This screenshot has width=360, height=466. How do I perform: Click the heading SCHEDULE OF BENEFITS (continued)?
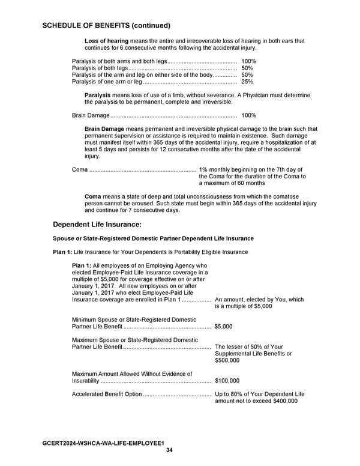pyautogui.click(x=107, y=26)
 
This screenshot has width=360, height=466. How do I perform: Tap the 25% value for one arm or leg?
pyautogui.click(x=247, y=82)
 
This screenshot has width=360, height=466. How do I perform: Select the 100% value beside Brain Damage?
pyautogui.click(x=248, y=115)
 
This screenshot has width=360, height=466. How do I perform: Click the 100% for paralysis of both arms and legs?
pyautogui.click(x=248, y=62)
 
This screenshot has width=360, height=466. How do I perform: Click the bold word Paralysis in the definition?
pyautogui.click(x=97, y=95)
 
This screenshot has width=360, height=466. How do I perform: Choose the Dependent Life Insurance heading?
pyautogui.click(x=97, y=225)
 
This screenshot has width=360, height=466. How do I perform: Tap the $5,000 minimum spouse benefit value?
pyautogui.click(x=223, y=327)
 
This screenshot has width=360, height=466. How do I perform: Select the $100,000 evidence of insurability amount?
pyautogui.click(x=227, y=381)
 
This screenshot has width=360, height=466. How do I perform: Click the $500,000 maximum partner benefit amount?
pyautogui.click(x=227, y=361)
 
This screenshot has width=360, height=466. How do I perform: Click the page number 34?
pyautogui.click(x=169, y=450)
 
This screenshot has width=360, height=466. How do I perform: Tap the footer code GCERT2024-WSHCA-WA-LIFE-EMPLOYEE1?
pyautogui.click(x=103, y=443)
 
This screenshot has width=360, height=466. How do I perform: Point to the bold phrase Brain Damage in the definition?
pyautogui.click(x=104, y=129)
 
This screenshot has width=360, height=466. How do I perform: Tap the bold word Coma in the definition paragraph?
pyautogui.click(x=93, y=197)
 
